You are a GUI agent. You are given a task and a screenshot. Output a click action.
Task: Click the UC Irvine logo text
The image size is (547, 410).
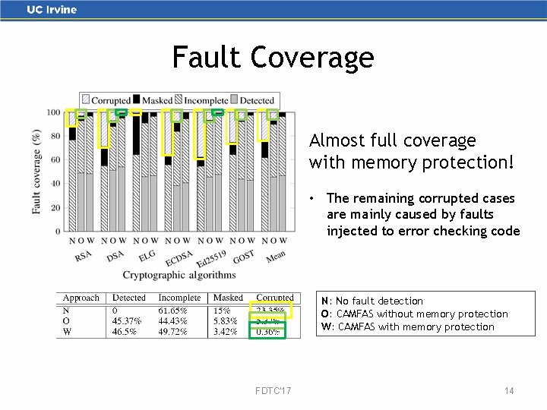[x=52, y=10]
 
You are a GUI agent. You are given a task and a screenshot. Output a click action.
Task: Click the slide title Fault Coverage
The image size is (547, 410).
[x=273, y=57]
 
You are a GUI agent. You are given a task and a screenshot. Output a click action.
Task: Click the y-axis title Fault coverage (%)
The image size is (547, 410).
[x=36, y=171]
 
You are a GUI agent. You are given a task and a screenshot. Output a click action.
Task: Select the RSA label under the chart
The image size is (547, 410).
[x=83, y=257]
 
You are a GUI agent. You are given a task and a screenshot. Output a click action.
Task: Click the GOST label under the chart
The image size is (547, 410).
[x=243, y=257]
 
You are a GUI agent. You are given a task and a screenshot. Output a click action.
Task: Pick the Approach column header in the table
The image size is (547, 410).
[x=81, y=298]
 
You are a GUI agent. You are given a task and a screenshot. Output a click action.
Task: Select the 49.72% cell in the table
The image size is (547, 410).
[x=172, y=332]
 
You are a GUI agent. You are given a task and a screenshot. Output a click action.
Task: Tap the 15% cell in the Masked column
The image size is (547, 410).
[x=221, y=310]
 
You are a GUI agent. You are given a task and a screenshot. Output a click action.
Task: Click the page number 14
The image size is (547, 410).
[x=509, y=390]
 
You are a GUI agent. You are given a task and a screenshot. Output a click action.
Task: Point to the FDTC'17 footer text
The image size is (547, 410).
[x=273, y=390]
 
